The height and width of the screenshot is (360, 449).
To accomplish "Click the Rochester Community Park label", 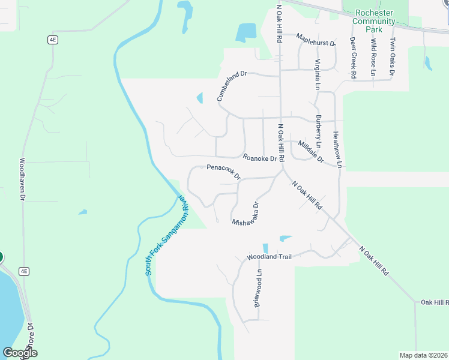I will tap(374, 22).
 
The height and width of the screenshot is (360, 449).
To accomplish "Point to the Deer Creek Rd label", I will tap(354, 58).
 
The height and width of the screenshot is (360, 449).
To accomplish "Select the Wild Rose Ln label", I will tap(373, 58).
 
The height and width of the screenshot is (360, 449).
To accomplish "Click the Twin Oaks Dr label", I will tap(392, 58).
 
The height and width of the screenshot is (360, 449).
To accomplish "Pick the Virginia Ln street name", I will tap(318, 74).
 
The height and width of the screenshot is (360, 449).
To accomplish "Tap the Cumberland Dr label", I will tap(232, 85).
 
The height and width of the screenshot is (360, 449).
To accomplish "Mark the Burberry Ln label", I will tap(319, 132).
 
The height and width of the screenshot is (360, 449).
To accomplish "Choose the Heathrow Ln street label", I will tap(338, 149).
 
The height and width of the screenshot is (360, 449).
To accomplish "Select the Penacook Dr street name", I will tap(223, 172).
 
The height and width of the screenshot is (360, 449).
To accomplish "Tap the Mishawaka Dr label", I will tap(246, 214).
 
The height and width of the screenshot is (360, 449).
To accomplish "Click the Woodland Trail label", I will tap(269, 257).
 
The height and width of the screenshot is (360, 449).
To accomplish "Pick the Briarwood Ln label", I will tap(258, 288).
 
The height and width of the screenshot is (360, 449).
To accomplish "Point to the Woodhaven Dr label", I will tap(22, 179).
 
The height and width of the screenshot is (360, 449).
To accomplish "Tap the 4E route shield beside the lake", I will tap(23, 271).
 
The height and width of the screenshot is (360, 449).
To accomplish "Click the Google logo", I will tap(20, 353).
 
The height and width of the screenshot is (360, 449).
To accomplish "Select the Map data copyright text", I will tap(423, 355).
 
